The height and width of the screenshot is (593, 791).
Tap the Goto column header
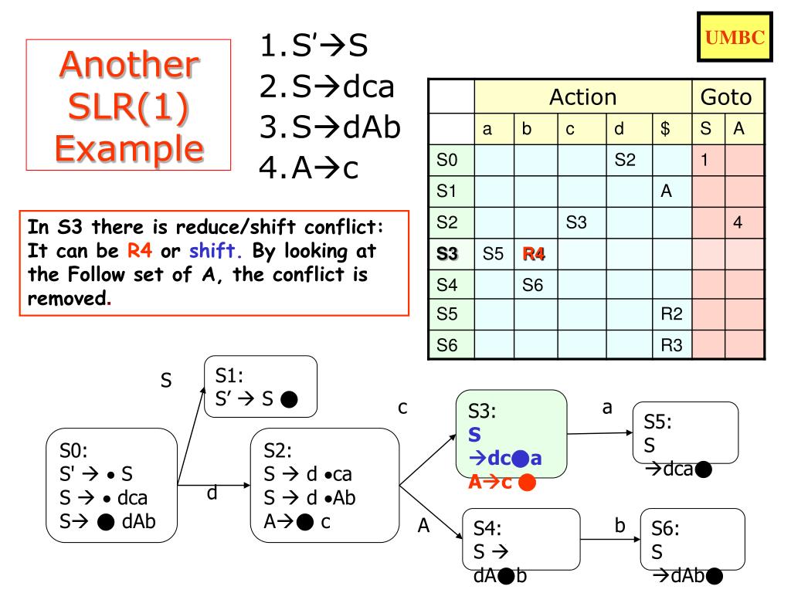(x=725, y=97)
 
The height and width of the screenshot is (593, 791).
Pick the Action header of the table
(x=582, y=97)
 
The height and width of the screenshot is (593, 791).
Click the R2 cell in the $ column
(x=672, y=315)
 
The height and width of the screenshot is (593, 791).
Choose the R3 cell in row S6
(x=672, y=345)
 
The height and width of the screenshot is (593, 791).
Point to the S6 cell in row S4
(x=532, y=285)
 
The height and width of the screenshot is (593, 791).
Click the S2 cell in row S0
(x=624, y=161)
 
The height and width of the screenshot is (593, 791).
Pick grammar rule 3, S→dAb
(x=328, y=126)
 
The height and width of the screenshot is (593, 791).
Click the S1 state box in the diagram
(x=260, y=387)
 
